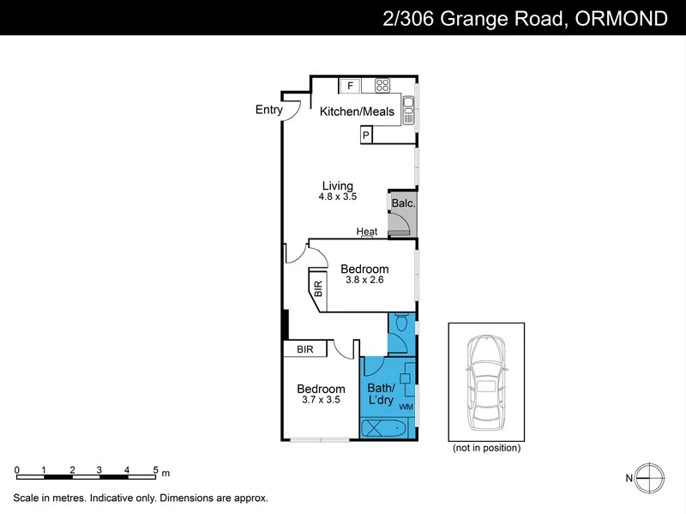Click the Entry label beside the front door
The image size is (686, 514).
pos(268,109)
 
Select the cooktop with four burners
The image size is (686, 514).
pos(382,85)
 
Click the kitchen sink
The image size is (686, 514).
pos(409,106)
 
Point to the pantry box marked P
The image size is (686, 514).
pos(366,136)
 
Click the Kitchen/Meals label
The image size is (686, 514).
pos(357,112)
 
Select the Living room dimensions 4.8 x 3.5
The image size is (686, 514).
pos(337,197)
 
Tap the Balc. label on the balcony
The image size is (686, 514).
pos(403,203)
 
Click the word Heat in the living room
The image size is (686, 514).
pos(367,232)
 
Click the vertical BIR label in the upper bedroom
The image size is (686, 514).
pos(317,288)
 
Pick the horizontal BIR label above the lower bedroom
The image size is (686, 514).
pos(305,349)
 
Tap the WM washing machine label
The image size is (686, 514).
pos(406,405)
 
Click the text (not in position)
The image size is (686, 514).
pos(485,448)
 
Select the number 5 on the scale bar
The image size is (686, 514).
pos(155,470)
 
